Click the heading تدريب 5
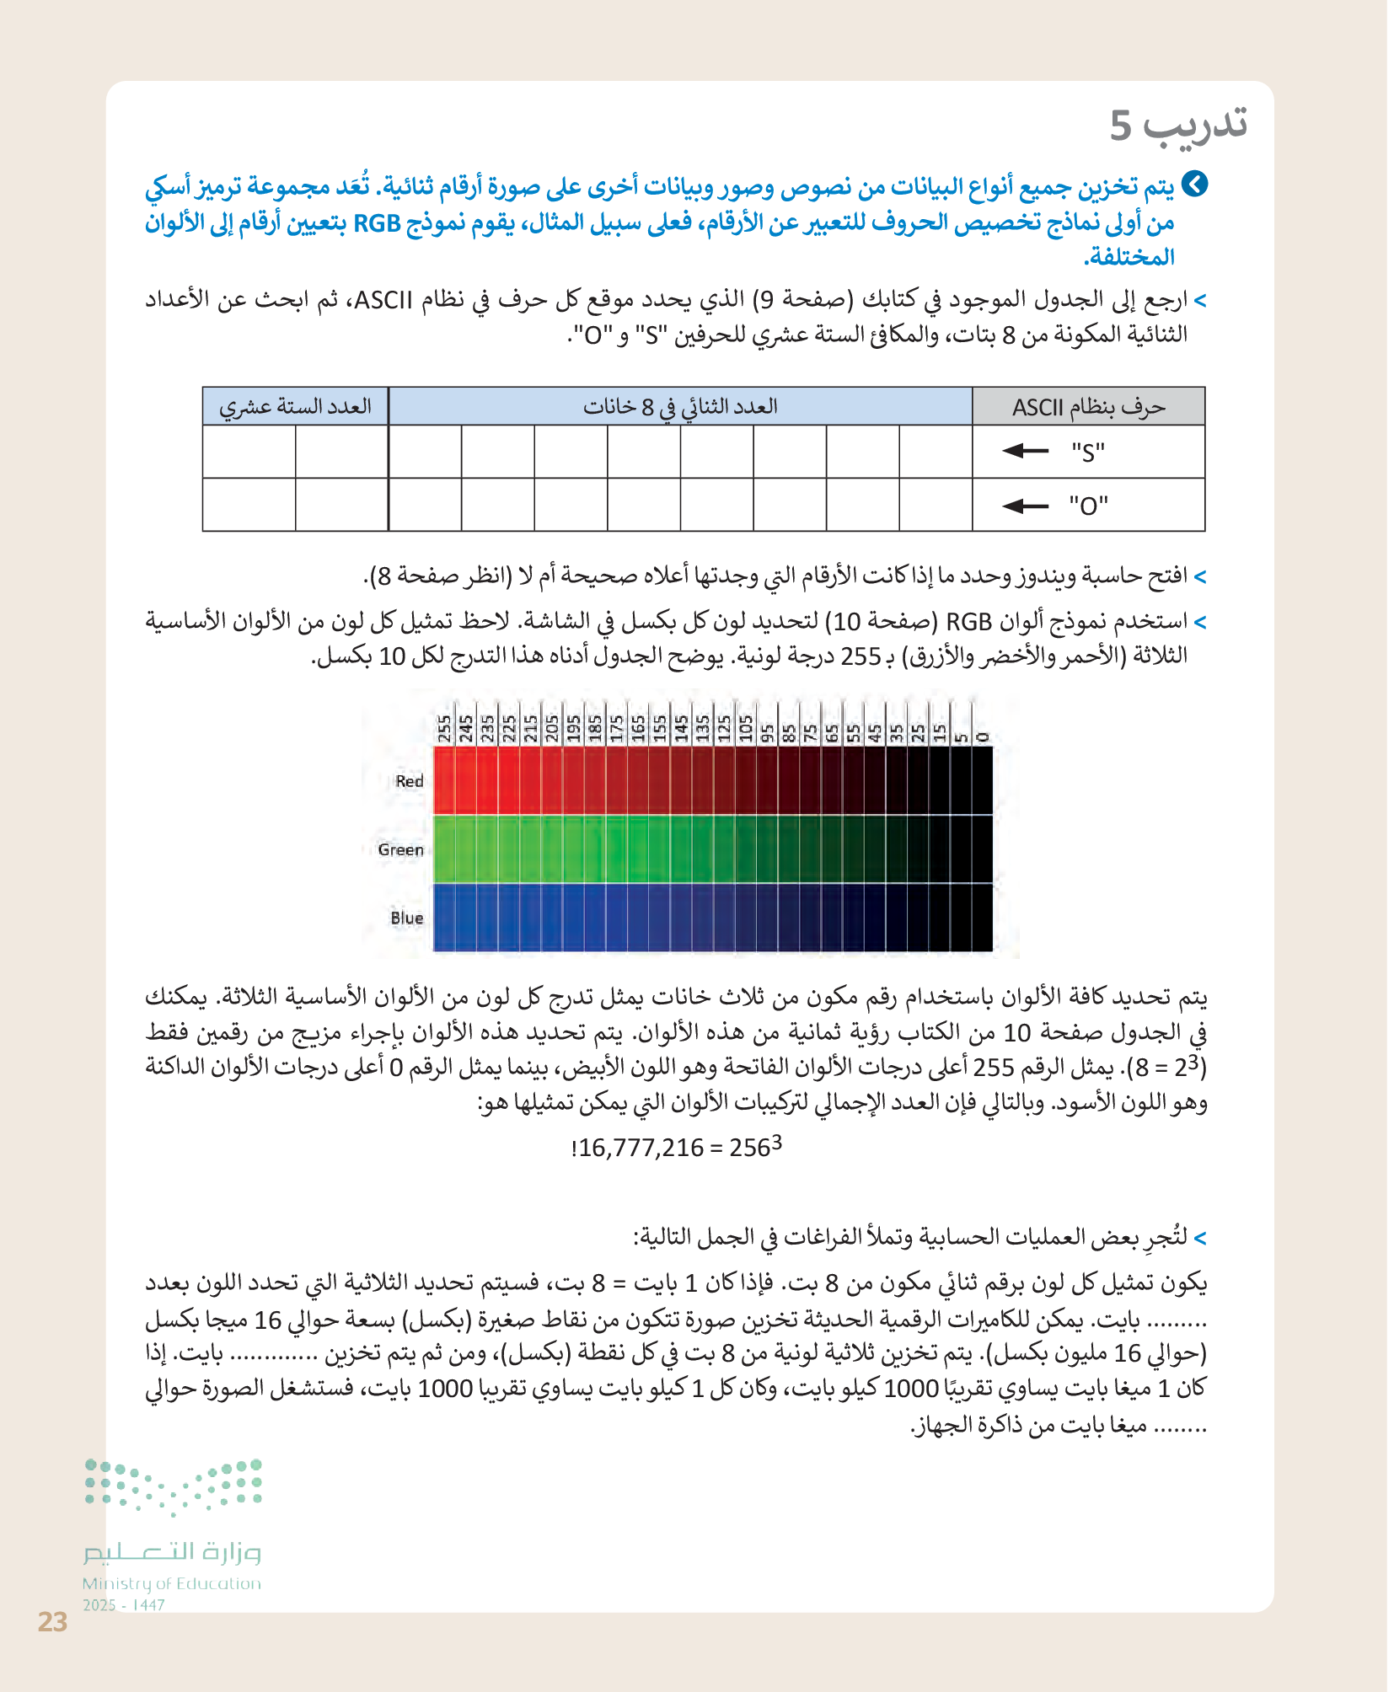(1177, 126)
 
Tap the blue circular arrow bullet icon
(1194, 185)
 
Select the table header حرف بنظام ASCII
(1088, 407)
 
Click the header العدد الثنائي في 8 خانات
(680, 407)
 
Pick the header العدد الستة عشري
(295, 407)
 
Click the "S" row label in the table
(1088, 452)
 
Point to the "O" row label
(1088, 506)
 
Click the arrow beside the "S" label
(1026, 451)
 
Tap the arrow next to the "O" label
(1026, 506)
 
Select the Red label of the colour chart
(410, 781)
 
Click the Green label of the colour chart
(400, 849)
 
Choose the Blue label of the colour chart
(406, 918)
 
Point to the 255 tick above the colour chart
(444, 729)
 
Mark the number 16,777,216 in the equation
(641, 1148)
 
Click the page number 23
(52, 1621)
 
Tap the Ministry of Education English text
(172, 1583)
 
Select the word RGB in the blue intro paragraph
(377, 223)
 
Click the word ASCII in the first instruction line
(383, 300)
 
